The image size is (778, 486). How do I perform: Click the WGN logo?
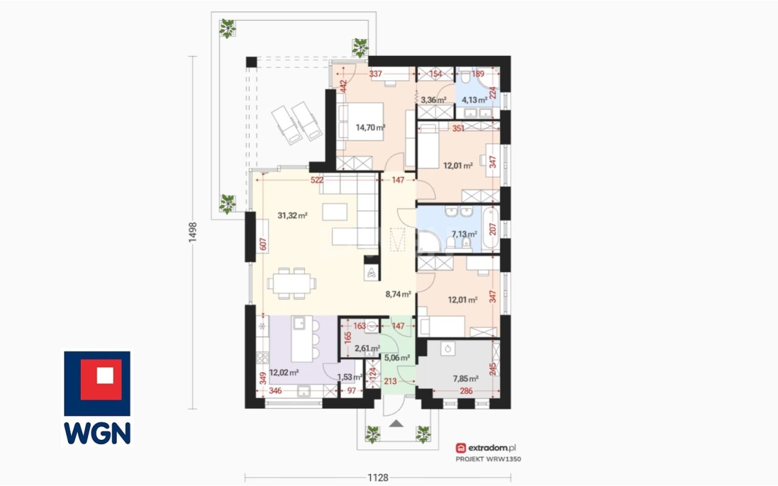click(x=97, y=398)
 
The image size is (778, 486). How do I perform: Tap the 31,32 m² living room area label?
click(x=292, y=215)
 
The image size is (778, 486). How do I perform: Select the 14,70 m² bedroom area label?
click(x=370, y=128)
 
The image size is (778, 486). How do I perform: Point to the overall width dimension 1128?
click(x=378, y=477)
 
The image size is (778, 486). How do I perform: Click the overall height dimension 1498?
click(x=193, y=232)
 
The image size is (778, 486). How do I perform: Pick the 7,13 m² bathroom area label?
click(x=464, y=234)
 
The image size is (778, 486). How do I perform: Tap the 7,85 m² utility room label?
click(x=466, y=378)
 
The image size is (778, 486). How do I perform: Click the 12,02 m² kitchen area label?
click(x=284, y=373)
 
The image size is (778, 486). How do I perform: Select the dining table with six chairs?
click(x=292, y=283)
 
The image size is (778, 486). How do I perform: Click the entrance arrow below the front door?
click(x=396, y=423)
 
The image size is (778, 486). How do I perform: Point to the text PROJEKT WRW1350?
click(x=488, y=459)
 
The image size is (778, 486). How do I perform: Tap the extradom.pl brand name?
click(x=492, y=448)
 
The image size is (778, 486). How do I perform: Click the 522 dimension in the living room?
click(x=317, y=180)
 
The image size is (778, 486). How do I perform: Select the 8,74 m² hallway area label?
click(x=398, y=294)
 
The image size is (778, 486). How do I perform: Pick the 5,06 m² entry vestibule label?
click(x=397, y=358)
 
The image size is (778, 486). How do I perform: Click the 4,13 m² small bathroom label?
click(x=475, y=100)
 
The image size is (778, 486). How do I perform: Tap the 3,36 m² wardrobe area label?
click(x=433, y=100)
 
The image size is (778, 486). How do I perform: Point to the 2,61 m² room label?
click(x=367, y=348)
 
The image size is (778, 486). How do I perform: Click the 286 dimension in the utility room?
click(x=466, y=391)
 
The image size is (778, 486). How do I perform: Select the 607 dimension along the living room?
click(x=263, y=244)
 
